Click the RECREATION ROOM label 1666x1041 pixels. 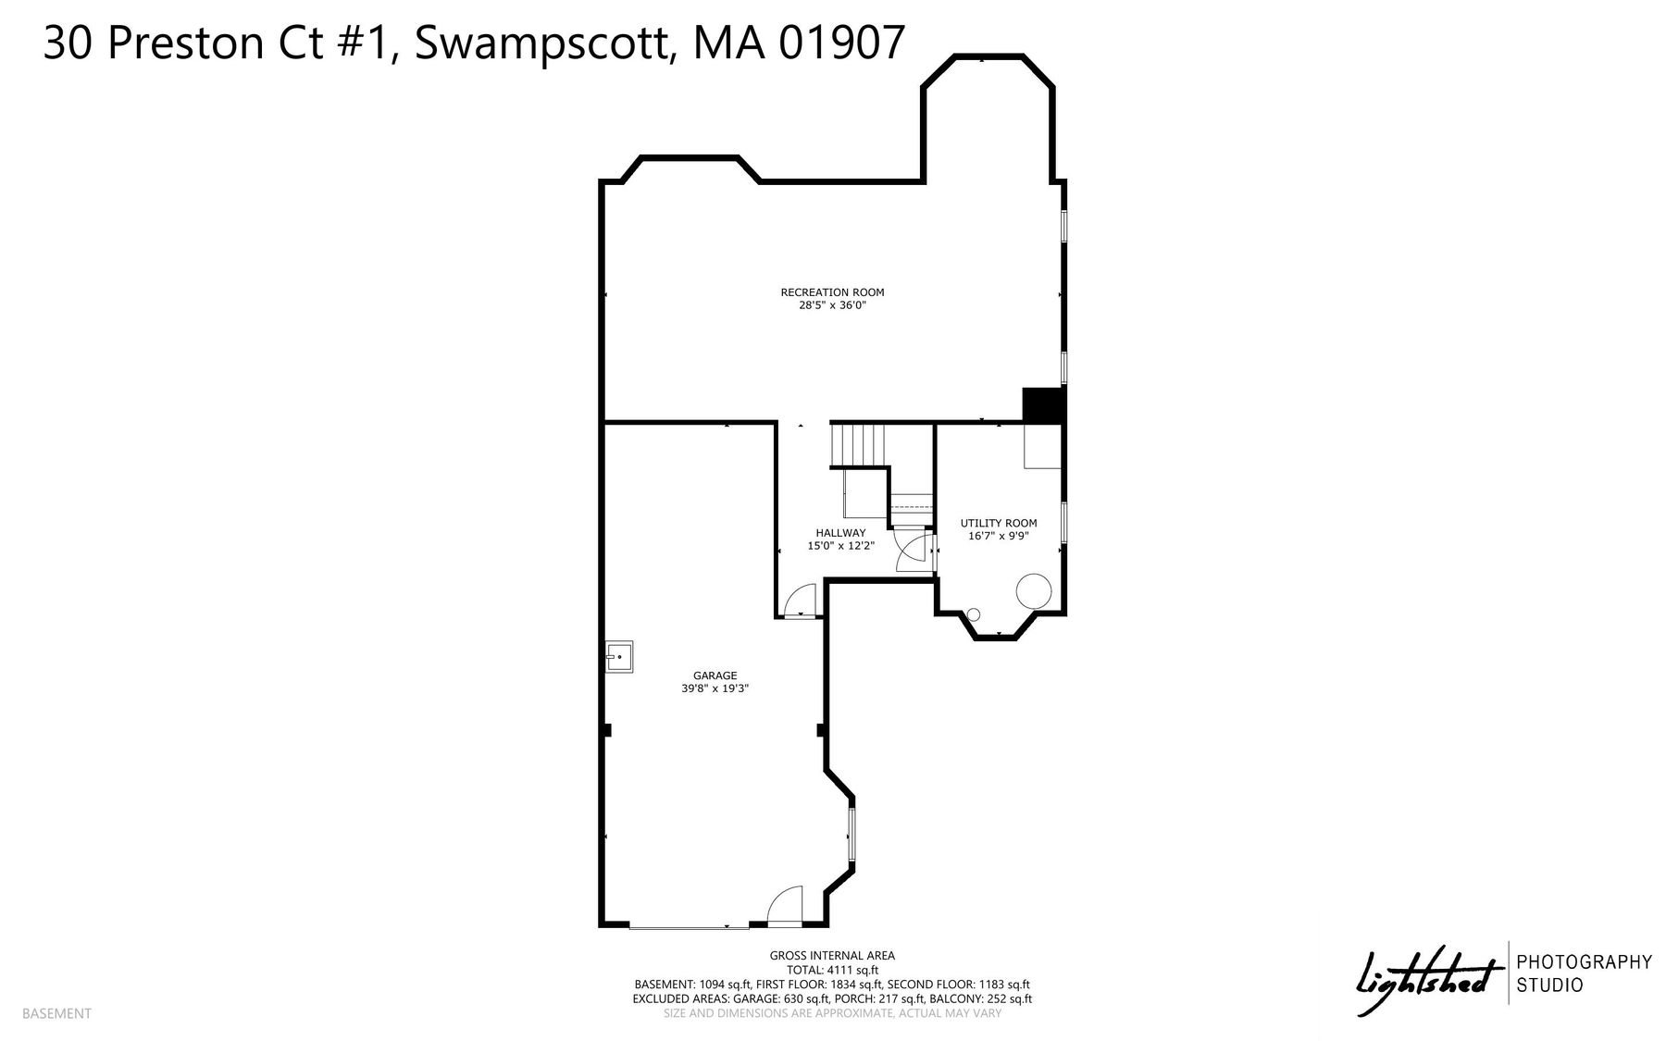[x=832, y=292]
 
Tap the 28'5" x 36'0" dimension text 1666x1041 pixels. [x=832, y=304]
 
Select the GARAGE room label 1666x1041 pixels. [x=715, y=675]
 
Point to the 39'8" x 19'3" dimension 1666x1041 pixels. [x=715, y=688]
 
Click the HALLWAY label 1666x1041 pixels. [x=840, y=533]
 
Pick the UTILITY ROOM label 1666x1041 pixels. [x=999, y=523]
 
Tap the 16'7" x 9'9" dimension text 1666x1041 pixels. [x=999, y=535]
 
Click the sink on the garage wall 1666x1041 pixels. [x=619, y=656]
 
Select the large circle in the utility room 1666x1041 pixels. [x=1033, y=589]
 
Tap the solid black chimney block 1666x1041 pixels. [x=1043, y=405]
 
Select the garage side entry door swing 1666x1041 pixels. [x=785, y=906]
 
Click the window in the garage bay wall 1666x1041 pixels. [x=852, y=837]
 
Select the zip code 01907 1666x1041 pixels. [x=842, y=43]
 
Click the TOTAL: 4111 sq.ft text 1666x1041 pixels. [x=832, y=970]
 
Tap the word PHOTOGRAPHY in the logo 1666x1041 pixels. [x=1584, y=962]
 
